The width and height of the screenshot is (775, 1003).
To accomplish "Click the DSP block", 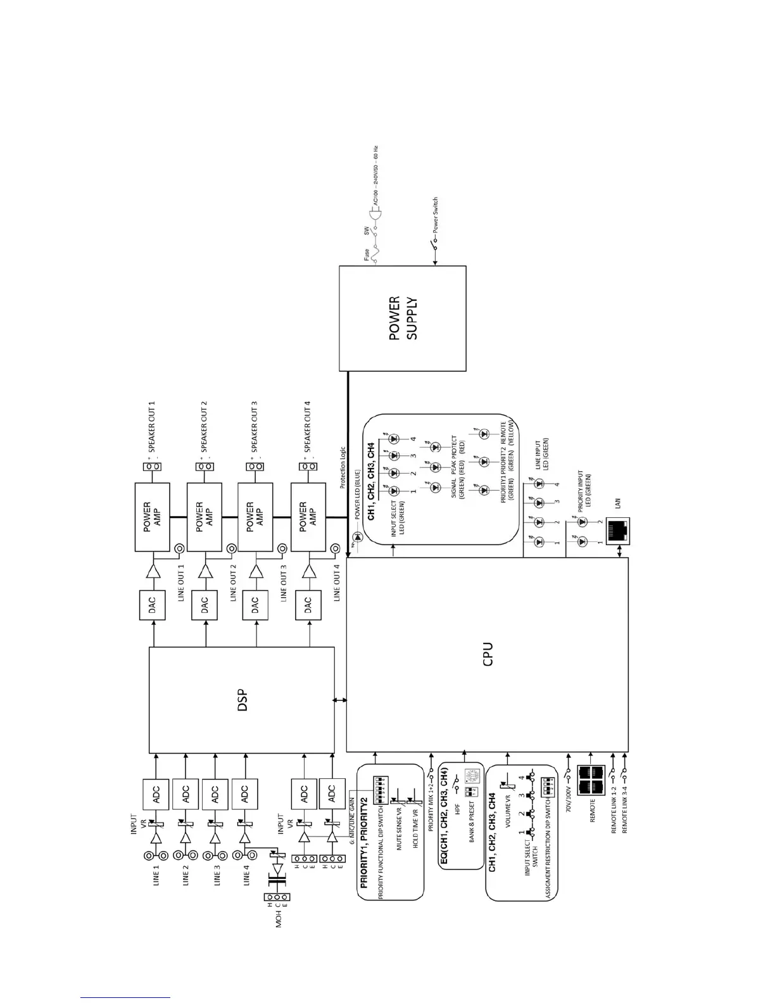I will (x=241, y=700).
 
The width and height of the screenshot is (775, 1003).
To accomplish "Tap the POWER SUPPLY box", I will (x=403, y=318).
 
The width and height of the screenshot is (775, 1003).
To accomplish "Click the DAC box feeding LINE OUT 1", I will (x=151, y=606).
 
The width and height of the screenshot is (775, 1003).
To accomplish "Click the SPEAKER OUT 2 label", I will (x=204, y=426).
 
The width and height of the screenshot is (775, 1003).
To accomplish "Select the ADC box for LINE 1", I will (x=156, y=793).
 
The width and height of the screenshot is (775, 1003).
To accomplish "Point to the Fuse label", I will (x=365, y=255).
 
